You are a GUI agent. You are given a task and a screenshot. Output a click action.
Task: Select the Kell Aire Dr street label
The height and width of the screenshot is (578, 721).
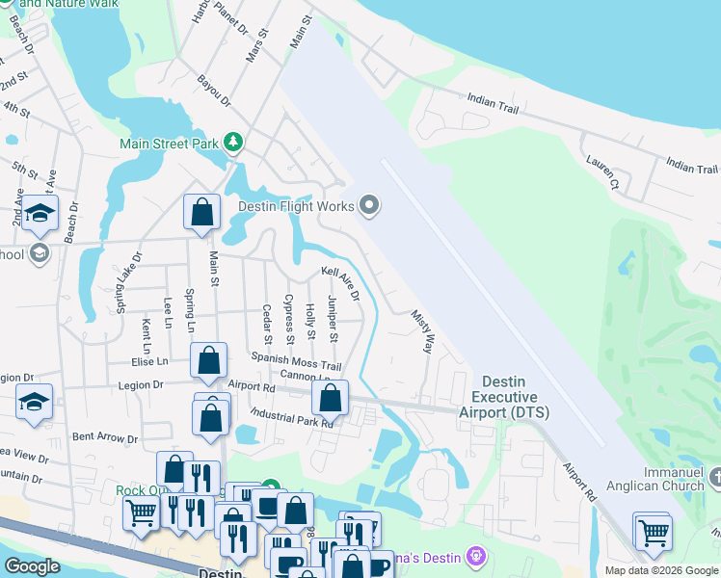tap(340, 284)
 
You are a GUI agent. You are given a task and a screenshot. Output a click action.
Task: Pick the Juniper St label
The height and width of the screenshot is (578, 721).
tap(332, 319)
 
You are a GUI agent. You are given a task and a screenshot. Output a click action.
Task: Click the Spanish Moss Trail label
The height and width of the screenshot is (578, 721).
tap(297, 360)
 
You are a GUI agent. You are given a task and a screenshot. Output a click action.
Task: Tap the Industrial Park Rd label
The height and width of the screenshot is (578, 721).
tap(290, 416)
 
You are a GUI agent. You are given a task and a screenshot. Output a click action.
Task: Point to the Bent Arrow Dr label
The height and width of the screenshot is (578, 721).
tap(105, 438)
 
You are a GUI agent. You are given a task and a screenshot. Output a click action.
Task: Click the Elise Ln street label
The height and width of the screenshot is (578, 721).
tap(149, 361)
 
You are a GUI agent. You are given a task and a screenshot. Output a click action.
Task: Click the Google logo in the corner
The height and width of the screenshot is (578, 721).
tap(33, 566)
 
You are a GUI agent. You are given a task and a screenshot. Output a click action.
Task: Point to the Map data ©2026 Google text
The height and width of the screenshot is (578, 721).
tap(660, 570)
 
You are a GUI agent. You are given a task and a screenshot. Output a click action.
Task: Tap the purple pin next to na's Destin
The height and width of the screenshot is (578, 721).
tap(473, 556)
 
